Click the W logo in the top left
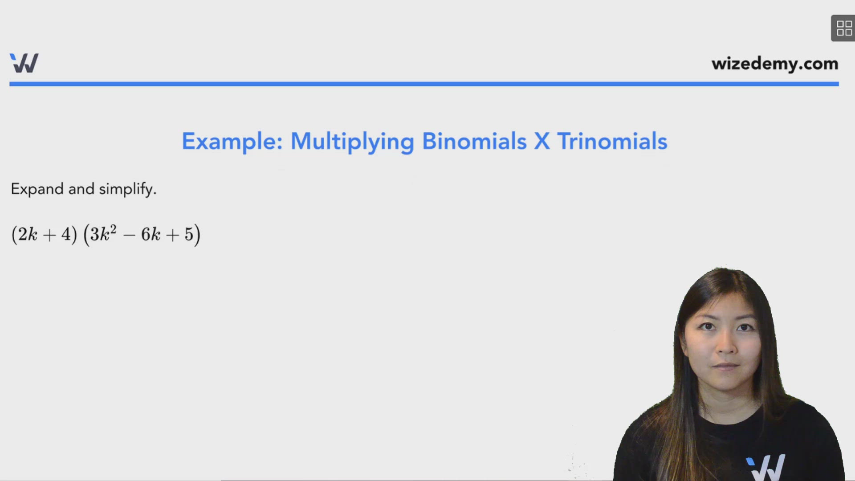click(24, 63)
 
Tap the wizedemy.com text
click(774, 64)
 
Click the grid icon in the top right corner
click(843, 28)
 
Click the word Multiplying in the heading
click(352, 142)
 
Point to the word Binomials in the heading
click(474, 141)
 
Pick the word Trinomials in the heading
click(612, 141)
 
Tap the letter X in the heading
click(541, 141)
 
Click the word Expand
click(37, 189)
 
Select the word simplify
click(127, 189)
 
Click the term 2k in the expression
click(27, 234)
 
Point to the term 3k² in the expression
click(103, 234)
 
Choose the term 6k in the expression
click(151, 234)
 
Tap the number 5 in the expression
click(189, 234)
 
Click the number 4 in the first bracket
click(66, 234)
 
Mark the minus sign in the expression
click(129, 235)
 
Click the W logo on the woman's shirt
click(766, 468)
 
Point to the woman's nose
click(726, 345)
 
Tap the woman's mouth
click(726, 366)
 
